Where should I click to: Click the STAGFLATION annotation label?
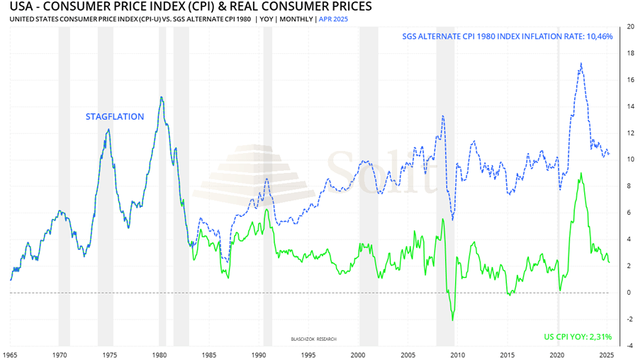[115, 117]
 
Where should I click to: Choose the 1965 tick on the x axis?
[10, 352]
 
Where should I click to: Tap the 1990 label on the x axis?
[259, 352]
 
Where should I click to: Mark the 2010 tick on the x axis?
[458, 352]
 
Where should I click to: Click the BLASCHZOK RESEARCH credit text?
[314, 339]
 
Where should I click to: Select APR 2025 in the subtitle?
[334, 18]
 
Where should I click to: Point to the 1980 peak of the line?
[162, 97]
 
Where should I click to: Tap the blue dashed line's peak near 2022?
[582, 63]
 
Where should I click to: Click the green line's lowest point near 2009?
[453, 320]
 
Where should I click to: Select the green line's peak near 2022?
[581, 173]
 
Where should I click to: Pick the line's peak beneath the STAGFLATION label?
[108, 129]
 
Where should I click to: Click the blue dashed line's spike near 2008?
[443, 116]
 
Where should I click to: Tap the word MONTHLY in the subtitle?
[296, 18]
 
